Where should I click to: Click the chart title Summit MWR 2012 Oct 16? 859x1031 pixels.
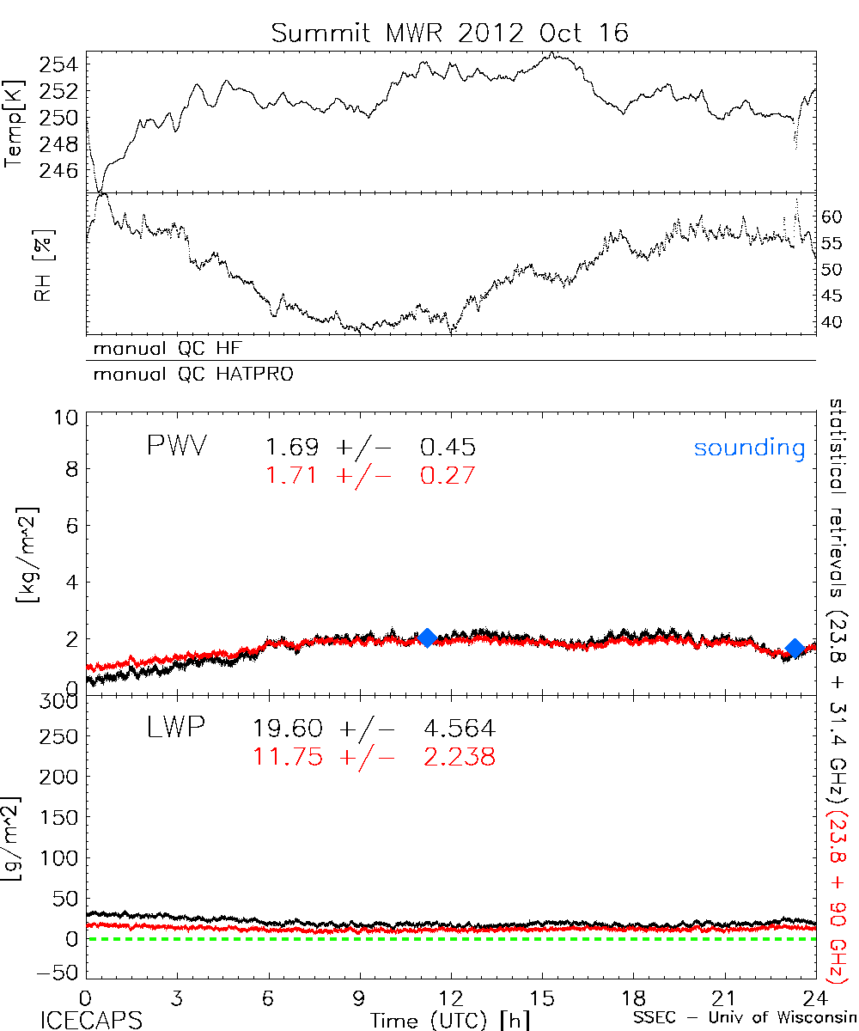450,33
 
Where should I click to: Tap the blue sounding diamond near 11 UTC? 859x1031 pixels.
427,638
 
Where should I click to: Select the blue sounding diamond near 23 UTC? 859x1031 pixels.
795,648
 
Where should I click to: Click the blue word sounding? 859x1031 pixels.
749,448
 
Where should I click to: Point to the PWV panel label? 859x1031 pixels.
176,447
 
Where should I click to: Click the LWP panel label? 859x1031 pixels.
176,729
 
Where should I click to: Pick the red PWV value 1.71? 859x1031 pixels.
292,475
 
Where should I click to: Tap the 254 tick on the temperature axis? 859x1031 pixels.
62,64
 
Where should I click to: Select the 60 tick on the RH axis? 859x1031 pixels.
834,217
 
